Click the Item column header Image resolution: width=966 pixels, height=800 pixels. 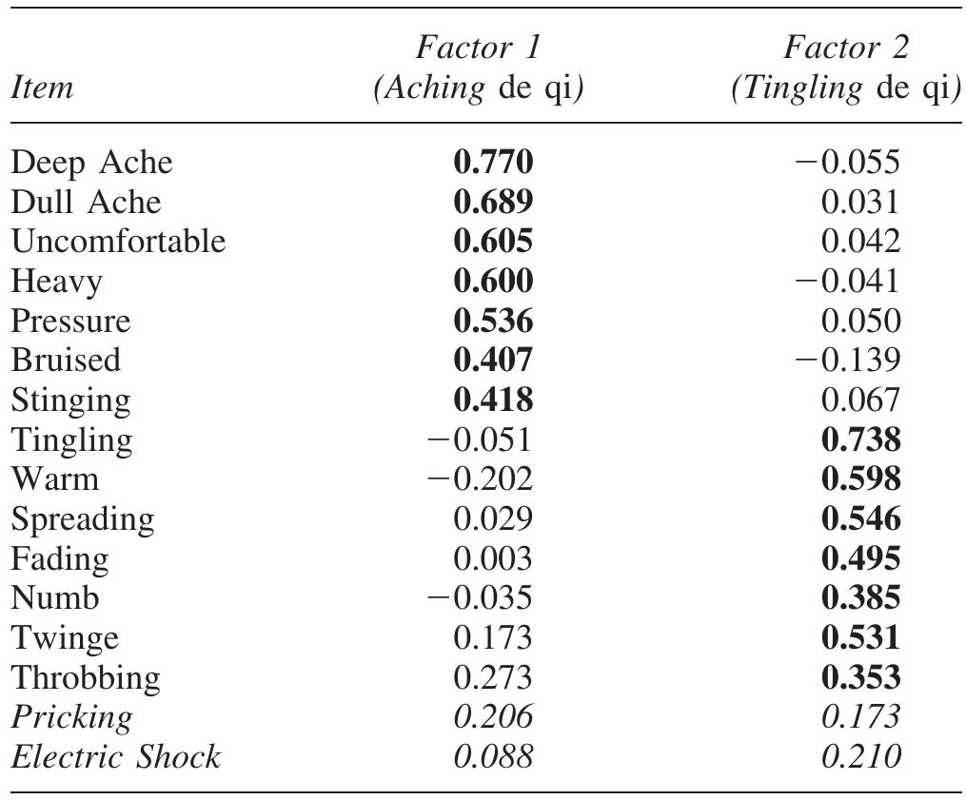(x=42, y=88)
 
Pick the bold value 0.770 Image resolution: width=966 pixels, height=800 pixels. (x=493, y=163)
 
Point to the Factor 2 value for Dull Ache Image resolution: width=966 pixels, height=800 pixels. (x=859, y=203)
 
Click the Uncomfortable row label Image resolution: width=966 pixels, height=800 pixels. (x=118, y=242)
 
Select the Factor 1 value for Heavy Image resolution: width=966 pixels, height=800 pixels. (x=493, y=282)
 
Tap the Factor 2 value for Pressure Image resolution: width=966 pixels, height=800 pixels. (x=859, y=322)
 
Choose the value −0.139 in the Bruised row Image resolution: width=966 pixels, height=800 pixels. (x=846, y=361)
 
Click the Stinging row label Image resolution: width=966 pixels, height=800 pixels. (x=71, y=400)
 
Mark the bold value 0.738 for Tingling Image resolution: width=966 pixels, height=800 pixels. (x=859, y=440)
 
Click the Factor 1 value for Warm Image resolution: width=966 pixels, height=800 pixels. (x=480, y=479)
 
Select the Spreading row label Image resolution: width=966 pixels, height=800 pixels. (x=82, y=519)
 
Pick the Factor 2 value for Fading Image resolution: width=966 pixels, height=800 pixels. (x=859, y=559)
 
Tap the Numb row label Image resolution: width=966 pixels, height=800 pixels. (x=55, y=598)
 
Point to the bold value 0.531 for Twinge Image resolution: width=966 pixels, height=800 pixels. (x=859, y=638)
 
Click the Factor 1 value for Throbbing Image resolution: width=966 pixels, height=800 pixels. (x=493, y=678)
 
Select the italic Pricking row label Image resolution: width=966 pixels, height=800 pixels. (x=71, y=717)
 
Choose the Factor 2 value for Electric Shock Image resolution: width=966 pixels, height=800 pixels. (x=859, y=757)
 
